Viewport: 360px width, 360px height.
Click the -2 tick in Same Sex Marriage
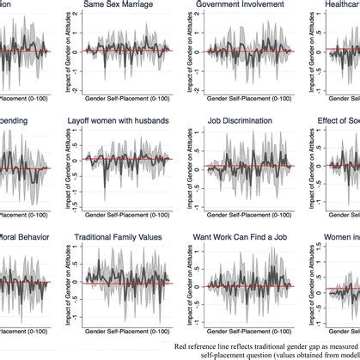coord(65,89)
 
